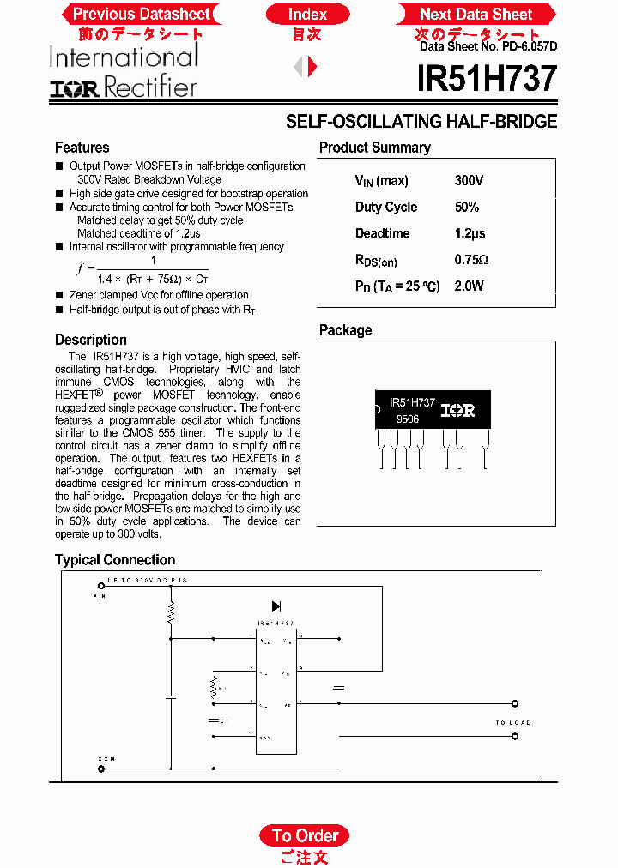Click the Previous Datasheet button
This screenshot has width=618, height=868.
tap(141, 14)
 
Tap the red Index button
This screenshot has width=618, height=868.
tap(307, 14)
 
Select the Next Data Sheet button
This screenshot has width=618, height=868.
tap(476, 14)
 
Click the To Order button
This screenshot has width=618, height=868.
tap(305, 835)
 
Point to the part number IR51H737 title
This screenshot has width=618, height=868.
tap(487, 80)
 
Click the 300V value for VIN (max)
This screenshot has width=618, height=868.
tap(469, 181)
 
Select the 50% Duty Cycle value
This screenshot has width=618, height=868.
tap(466, 208)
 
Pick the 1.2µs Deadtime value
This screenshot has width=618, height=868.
tap(470, 233)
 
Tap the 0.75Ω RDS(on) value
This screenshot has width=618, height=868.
tap(471, 260)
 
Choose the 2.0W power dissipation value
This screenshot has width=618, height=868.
tap(469, 286)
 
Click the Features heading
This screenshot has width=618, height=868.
tap(82, 148)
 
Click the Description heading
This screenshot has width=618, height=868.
tap(90, 340)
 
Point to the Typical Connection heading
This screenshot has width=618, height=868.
tap(115, 560)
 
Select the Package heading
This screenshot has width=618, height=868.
tap(345, 330)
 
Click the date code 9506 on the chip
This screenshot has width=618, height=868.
tap(407, 420)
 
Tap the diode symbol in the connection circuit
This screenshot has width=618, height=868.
tap(276, 606)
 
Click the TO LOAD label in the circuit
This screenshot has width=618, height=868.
tap(512, 723)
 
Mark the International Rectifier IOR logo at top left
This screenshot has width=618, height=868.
tap(123, 73)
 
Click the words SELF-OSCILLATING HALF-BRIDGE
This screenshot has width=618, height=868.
tap(421, 122)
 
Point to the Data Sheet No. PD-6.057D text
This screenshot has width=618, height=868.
tap(488, 47)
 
